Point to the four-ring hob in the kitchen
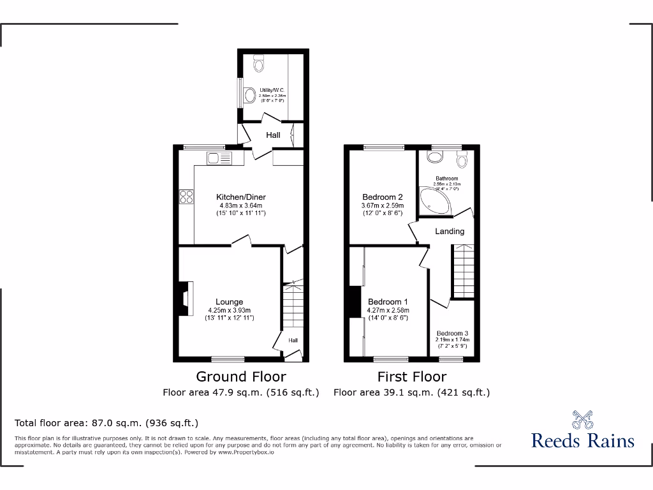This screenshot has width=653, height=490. (x=187, y=197)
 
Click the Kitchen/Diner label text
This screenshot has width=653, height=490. (x=240, y=197)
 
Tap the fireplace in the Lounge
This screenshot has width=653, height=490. (x=184, y=300)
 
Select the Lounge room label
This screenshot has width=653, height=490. (x=229, y=302)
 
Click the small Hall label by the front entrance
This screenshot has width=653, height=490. (x=293, y=341)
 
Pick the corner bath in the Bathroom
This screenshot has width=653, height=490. (x=434, y=200)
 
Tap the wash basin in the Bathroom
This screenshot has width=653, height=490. (x=437, y=160)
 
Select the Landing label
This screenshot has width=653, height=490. (x=450, y=231)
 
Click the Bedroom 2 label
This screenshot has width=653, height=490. (x=383, y=197)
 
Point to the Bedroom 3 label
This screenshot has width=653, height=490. (x=452, y=333)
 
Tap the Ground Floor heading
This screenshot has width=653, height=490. (x=240, y=376)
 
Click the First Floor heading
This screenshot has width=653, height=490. (x=411, y=376)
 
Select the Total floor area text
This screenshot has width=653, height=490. (x=106, y=423)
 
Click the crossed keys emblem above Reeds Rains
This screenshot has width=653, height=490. (x=583, y=419)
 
